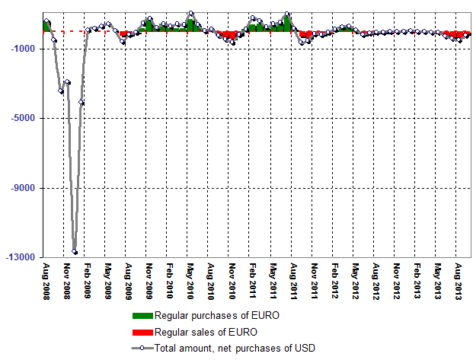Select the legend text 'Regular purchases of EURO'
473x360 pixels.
(206, 316)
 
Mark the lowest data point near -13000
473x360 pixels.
(75, 251)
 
